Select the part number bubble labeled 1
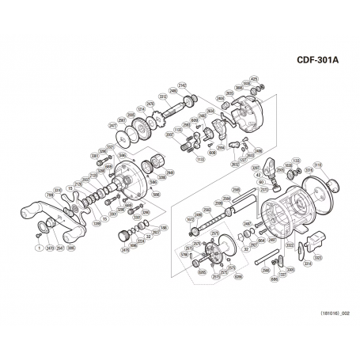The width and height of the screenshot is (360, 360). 38,248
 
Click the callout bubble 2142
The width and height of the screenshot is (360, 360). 183,84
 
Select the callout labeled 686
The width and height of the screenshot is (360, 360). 273,279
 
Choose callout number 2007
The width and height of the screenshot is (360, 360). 169,136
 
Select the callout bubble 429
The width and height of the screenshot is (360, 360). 254,78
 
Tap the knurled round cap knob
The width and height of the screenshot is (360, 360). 123,236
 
